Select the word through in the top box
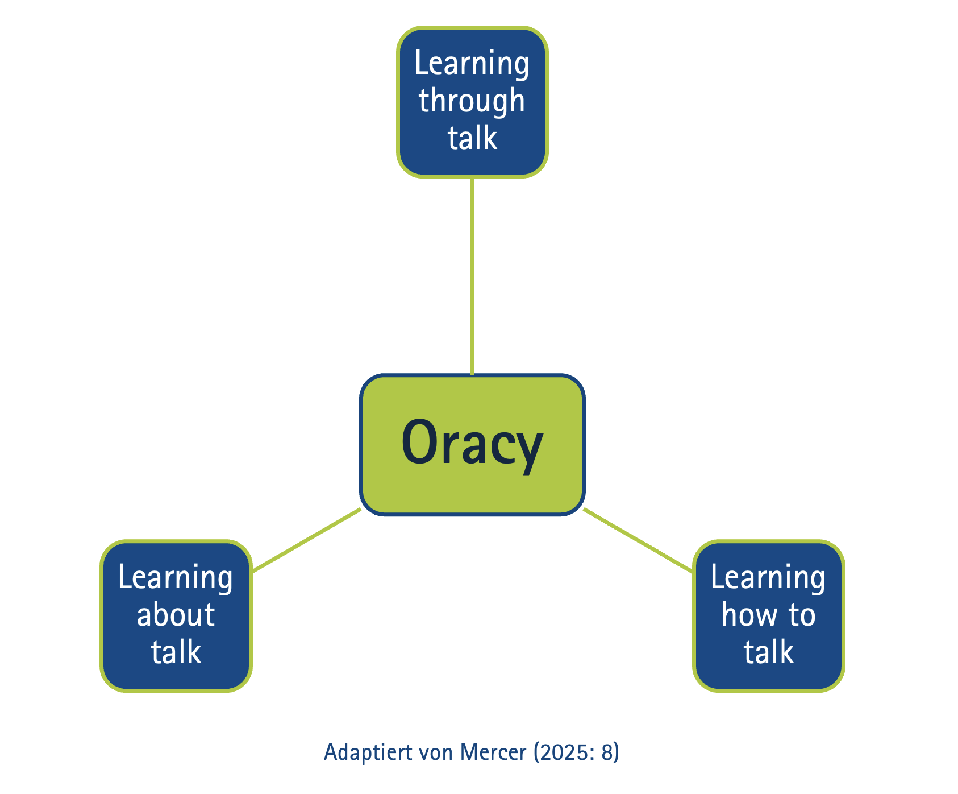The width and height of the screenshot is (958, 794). pyautogui.click(x=472, y=101)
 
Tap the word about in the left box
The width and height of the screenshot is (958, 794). pyautogui.click(x=176, y=615)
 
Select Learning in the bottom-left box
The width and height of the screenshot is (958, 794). pyautogui.click(x=176, y=578)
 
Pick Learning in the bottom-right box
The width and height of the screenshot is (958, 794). pyautogui.click(x=768, y=578)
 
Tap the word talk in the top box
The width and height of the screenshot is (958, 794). pyautogui.click(x=472, y=138)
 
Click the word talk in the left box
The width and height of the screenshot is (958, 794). pyautogui.click(x=176, y=652)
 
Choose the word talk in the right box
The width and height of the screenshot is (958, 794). pyautogui.click(x=769, y=652)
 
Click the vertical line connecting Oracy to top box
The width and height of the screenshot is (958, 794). pyautogui.click(x=472, y=276)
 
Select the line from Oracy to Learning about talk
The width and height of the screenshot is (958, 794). pyautogui.click(x=307, y=540)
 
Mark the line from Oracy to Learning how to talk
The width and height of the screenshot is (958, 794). pyautogui.click(x=638, y=540)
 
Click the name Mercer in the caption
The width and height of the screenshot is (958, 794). pyautogui.click(x=493, y=752)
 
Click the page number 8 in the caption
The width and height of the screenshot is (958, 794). pyautogui.click(x=608, y=752)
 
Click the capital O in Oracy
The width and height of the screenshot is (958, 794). pyautogui.click(x=419, y=442)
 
